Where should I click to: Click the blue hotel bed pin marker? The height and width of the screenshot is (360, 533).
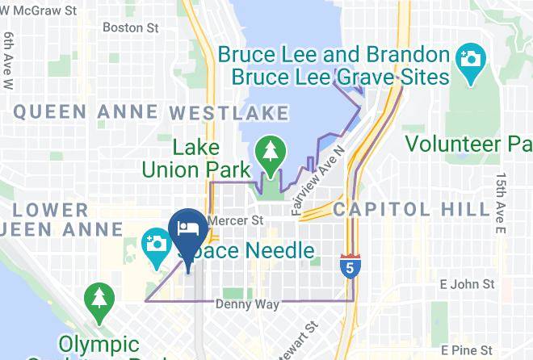[188, 228]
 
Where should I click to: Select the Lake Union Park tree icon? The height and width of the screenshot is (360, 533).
[268, 152]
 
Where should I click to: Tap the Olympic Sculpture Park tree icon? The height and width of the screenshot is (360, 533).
[99, 297]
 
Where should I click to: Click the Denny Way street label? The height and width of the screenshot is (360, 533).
[247, 305]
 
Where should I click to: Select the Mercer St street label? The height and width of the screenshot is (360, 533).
[236, 220]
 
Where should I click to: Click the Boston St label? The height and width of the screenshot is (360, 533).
[130, 27]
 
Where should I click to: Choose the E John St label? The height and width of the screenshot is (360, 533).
[467, 284]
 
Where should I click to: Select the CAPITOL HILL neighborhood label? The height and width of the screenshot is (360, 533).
[411, 210]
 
